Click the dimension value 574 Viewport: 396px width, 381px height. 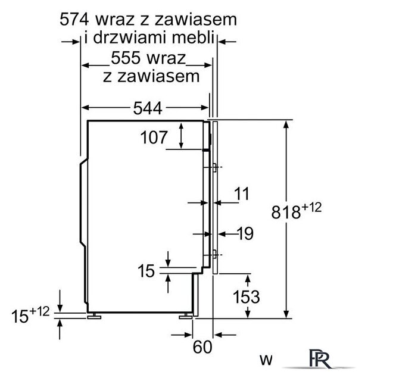(77, 20)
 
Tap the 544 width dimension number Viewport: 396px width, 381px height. (147, 108)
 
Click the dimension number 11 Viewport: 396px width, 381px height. (241, 193)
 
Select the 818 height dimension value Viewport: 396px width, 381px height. (288, 212)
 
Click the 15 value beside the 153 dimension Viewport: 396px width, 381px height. (146, 271)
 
